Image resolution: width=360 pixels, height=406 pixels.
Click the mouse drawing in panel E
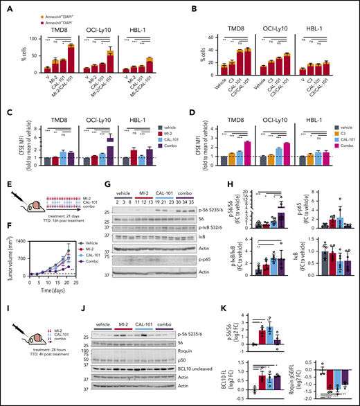pyautogui.click(x=27, y=204)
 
